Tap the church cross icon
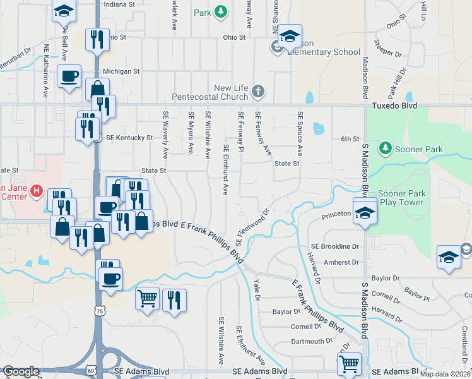257,92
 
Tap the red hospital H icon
37,190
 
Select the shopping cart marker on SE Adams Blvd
349,363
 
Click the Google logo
21,371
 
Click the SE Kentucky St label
129,137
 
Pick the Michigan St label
121,71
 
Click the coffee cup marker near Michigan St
69,76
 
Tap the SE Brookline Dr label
334,246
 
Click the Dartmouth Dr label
311,341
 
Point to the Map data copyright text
445,373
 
